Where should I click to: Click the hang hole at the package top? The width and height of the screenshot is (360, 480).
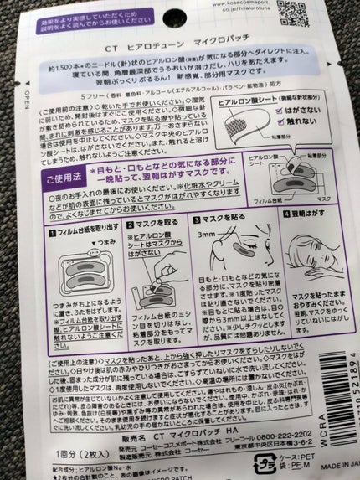coord(180,8)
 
